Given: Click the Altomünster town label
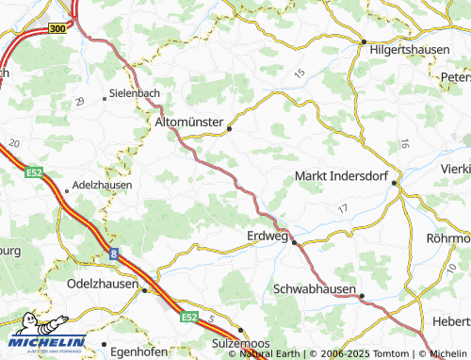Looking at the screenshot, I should point(189,123).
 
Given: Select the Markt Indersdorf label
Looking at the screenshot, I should point(340,176).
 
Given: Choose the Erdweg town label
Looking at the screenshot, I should point(266,235).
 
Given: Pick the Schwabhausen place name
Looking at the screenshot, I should point(315,288).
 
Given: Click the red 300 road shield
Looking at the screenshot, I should point(57,29).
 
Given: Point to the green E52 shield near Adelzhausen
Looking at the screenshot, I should point(35,172).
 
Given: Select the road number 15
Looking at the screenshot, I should point(300,73).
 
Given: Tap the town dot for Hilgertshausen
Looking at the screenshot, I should point(364,42).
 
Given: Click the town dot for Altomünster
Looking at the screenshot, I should point(229,130).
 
